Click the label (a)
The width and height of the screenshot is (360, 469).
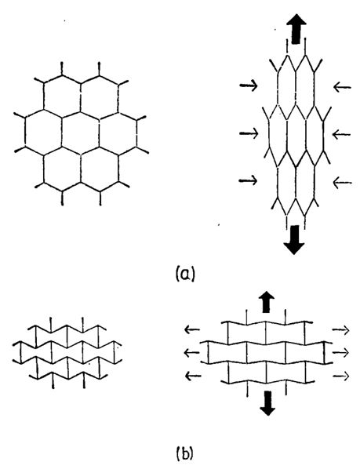(x=185, y=274)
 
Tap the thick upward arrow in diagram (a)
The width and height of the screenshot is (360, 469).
(x=296, y=29)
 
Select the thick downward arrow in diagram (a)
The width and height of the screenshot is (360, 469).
(x=294, y=240)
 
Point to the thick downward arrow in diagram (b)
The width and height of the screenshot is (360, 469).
(x=267, y=403)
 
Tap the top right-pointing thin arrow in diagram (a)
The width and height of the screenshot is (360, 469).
(x=249, y=85)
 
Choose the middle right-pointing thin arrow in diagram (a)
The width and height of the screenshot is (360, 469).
(x=249, y=133)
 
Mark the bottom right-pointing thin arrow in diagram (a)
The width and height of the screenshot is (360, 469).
(x=248, y=180)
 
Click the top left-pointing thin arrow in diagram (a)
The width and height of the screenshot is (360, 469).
(x=342, y=87)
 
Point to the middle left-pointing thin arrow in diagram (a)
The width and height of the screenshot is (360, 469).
(x=342, y=134)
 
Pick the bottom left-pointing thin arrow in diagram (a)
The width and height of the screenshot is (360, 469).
(x=342, y=182)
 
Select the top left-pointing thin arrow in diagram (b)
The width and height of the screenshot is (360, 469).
(x=192, y=330)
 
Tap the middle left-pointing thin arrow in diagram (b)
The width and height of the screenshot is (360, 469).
(x=191, y=353)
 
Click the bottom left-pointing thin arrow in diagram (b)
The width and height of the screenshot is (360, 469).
(x=193, y=376)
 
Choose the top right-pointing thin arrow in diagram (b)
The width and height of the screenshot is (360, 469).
(x=341, y=330)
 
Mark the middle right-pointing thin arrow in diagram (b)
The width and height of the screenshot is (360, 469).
(x=341, y=353)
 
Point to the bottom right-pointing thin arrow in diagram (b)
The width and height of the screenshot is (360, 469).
(x=341, y=376)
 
